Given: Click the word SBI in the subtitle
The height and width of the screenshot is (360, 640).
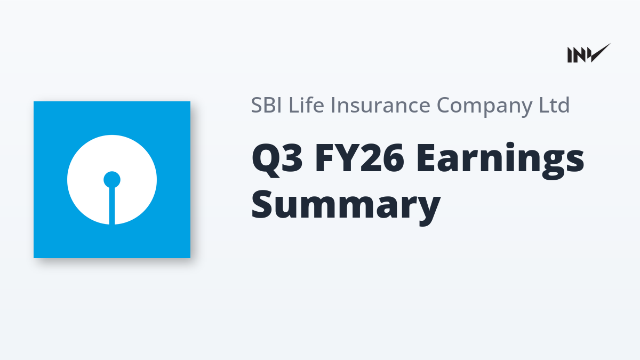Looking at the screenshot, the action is pos(266,105).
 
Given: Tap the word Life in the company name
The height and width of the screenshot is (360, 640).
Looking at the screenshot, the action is pos(306,105).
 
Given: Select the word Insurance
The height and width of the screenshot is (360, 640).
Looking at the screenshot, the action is pos(381,105).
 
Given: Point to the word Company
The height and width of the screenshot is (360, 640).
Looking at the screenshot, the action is pos(485,106).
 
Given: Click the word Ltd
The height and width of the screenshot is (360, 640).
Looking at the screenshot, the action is pos(554,105).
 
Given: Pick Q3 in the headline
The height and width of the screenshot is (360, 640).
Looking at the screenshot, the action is pos(277,159).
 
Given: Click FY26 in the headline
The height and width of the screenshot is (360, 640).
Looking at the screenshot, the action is pos(359,158).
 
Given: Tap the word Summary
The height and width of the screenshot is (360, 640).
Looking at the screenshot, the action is pos(346,207).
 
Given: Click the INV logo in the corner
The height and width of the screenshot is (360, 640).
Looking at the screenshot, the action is pos(589,53).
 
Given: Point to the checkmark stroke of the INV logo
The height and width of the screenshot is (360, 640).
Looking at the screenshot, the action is pos(599,53).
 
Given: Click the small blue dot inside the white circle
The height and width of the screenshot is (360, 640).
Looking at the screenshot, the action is pos(112,180).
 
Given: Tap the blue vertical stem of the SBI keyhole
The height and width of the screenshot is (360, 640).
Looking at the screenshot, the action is pos(112,206).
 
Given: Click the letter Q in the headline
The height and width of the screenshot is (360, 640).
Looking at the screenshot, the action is pos(265,160).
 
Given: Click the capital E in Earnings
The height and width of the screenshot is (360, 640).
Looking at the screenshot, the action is pos(426,158).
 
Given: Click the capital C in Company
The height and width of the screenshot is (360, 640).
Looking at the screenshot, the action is pos(445,105).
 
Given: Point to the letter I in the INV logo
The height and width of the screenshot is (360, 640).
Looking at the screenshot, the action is pos(570,55).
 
